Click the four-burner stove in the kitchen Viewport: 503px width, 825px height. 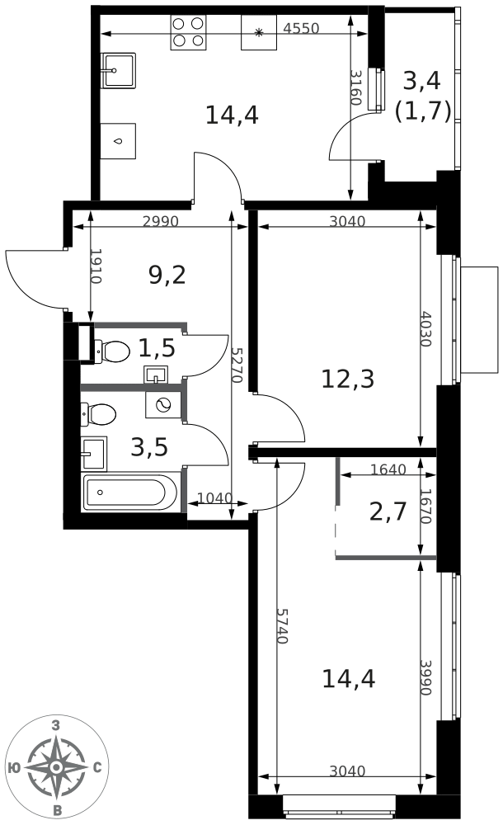[188, 32]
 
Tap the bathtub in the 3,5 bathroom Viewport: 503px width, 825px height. [131, 493]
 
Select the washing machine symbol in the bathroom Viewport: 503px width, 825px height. [163, 404]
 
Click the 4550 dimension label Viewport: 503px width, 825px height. [301, 28]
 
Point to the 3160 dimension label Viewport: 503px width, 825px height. [356, 87]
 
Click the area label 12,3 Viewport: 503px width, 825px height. [348, 379]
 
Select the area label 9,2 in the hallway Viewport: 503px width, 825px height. [167, 275]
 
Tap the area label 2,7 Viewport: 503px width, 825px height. [388, 511]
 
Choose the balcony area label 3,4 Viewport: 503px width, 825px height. [421, 81]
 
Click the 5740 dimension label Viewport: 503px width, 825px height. [283, 626]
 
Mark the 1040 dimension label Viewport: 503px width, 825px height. [214, 497]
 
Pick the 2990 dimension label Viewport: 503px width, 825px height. [161, 221]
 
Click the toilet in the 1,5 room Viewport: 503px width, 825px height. [112, 351]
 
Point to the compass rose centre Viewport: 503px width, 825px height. [56, 767]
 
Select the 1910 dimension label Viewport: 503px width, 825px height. [95, 266]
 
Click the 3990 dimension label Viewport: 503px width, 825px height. [425, 677]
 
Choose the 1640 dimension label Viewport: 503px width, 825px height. [388, 469]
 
